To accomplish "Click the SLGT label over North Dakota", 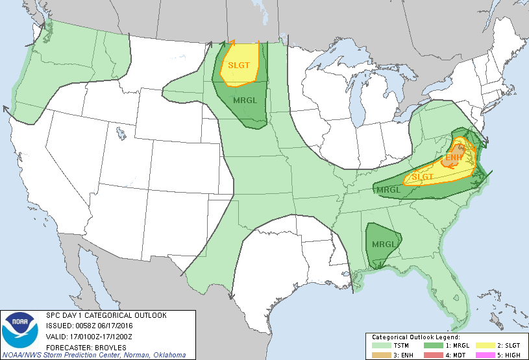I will point(238,66).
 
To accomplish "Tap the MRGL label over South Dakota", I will point(245,100).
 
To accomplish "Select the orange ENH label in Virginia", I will point(454,157).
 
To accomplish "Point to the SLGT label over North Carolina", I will point(423,176).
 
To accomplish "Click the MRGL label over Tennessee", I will point(388,190).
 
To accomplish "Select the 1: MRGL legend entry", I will point(458,346).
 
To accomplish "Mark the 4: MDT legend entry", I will point(458,355).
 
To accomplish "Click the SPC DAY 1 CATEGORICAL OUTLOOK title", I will point(106,315).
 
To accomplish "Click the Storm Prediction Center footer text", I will point(93,355).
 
